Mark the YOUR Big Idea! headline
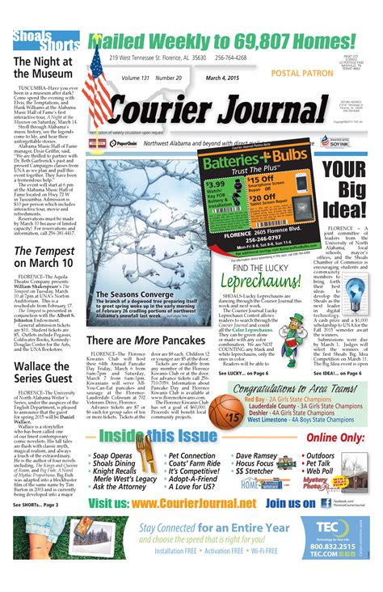click(346, 186)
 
